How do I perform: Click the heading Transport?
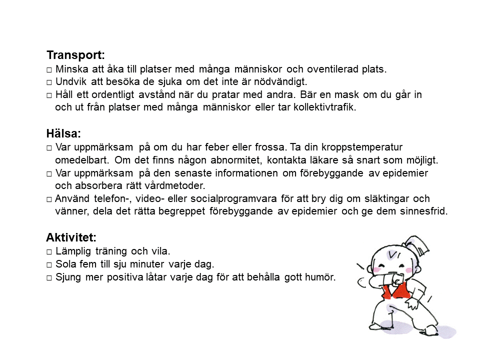[x=75, y=55]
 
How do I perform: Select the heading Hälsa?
[x=63, y=134]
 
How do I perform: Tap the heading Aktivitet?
[x=71, y=237]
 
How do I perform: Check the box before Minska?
[x=49, y=69]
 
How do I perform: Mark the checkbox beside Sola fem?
[x=49, y=264]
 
